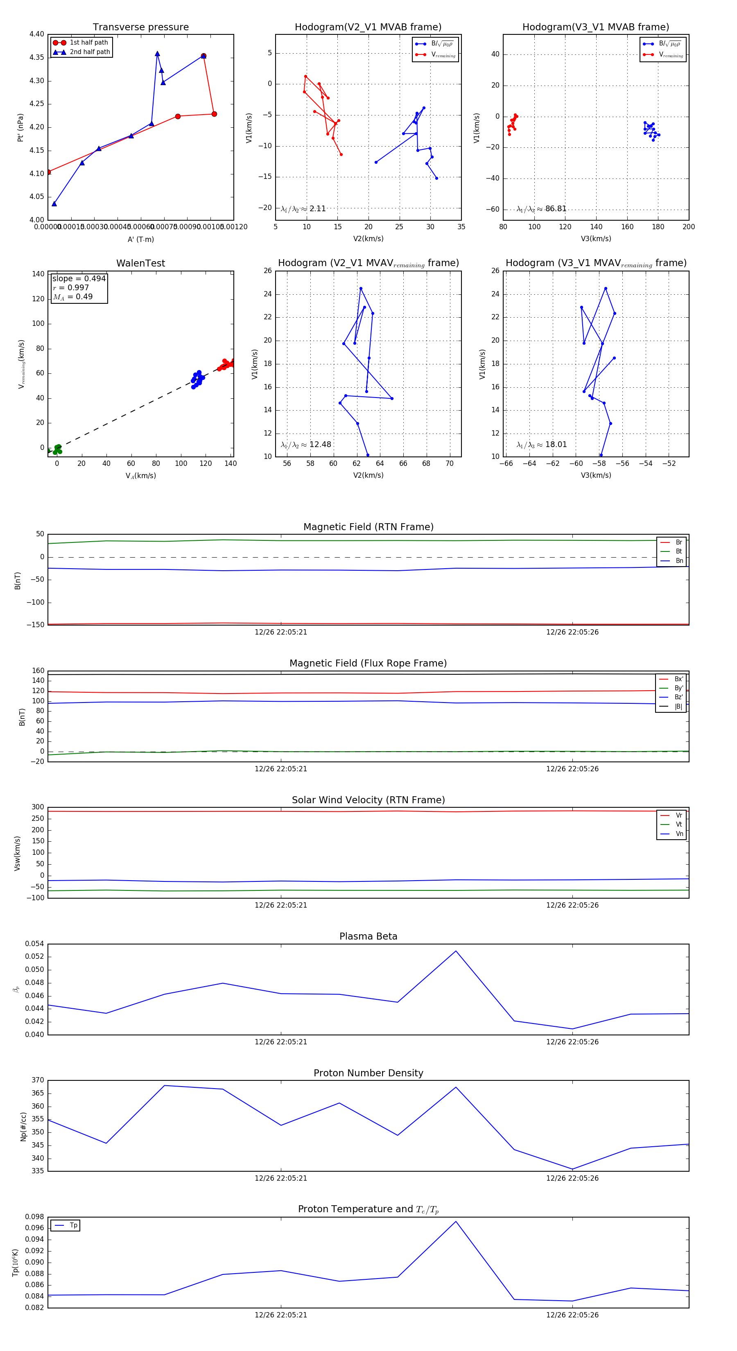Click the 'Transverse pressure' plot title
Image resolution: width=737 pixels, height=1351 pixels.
point(140,27)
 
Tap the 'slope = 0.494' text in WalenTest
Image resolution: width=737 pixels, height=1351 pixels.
point(79,278)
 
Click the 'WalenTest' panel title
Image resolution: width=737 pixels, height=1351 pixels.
point(140,263)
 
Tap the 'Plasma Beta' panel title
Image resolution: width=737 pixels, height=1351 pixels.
point(368,936)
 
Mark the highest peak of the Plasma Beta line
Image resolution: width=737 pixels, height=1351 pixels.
point(456,951)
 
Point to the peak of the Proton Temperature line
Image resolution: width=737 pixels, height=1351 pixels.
point(456,1222)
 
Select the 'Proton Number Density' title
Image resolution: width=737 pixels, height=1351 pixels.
point(368,1073)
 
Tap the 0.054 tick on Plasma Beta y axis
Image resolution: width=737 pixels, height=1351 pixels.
point(35,944)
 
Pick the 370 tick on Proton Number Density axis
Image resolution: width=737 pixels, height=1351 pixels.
point(38,1080)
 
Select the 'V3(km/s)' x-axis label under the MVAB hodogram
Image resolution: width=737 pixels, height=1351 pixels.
point(596,239)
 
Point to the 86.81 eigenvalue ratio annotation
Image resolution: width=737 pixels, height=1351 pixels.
point(556,209)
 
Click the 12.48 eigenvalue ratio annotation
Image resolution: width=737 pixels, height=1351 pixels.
point(320,445)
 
